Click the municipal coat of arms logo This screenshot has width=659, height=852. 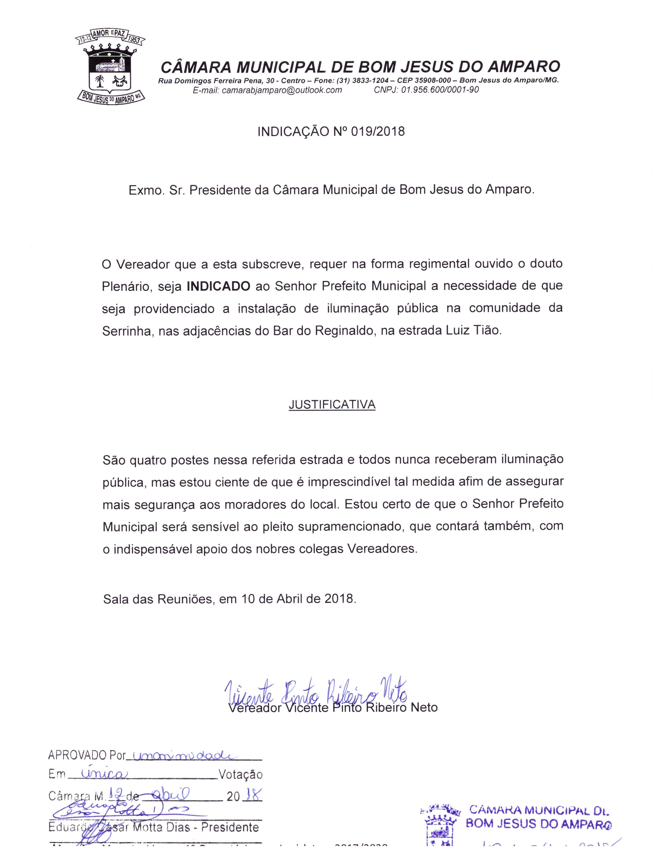110,67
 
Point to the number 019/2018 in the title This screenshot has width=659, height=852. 378,131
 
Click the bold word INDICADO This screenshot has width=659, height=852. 218,286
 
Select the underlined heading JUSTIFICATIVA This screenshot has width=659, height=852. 332,405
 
